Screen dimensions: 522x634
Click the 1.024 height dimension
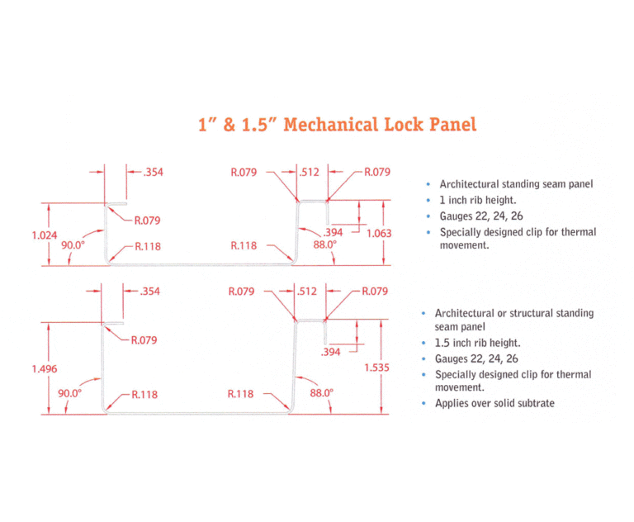click(x=44, y=235)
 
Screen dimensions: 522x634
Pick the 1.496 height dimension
click(x=44, y=368)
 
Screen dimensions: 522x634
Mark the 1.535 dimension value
click(x=376, y=367)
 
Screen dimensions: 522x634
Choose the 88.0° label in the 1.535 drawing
click(x=321, y=393)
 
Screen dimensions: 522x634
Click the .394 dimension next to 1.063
click(x=334, y=233)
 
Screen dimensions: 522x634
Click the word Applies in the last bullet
click(x=453, y=403)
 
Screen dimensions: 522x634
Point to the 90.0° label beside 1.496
click(x=69, y=393)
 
